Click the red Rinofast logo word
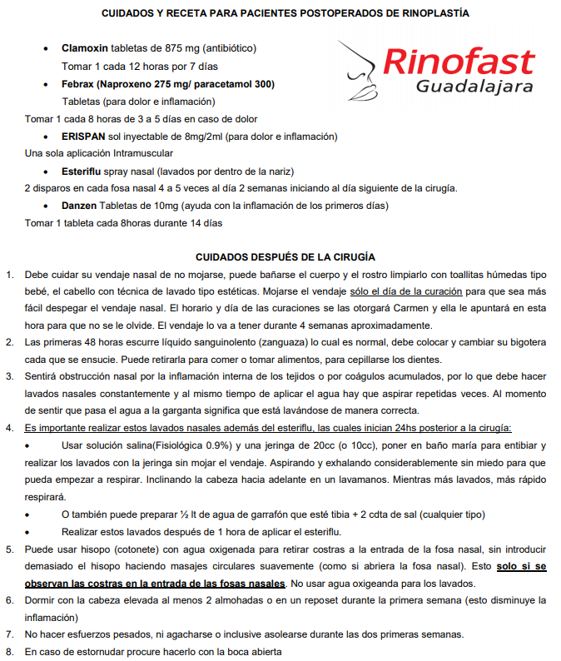(x=459, y=61)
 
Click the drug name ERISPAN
(x=84, y=136)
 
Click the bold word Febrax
(x=78, y=84)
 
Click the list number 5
(x=9, y=549)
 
